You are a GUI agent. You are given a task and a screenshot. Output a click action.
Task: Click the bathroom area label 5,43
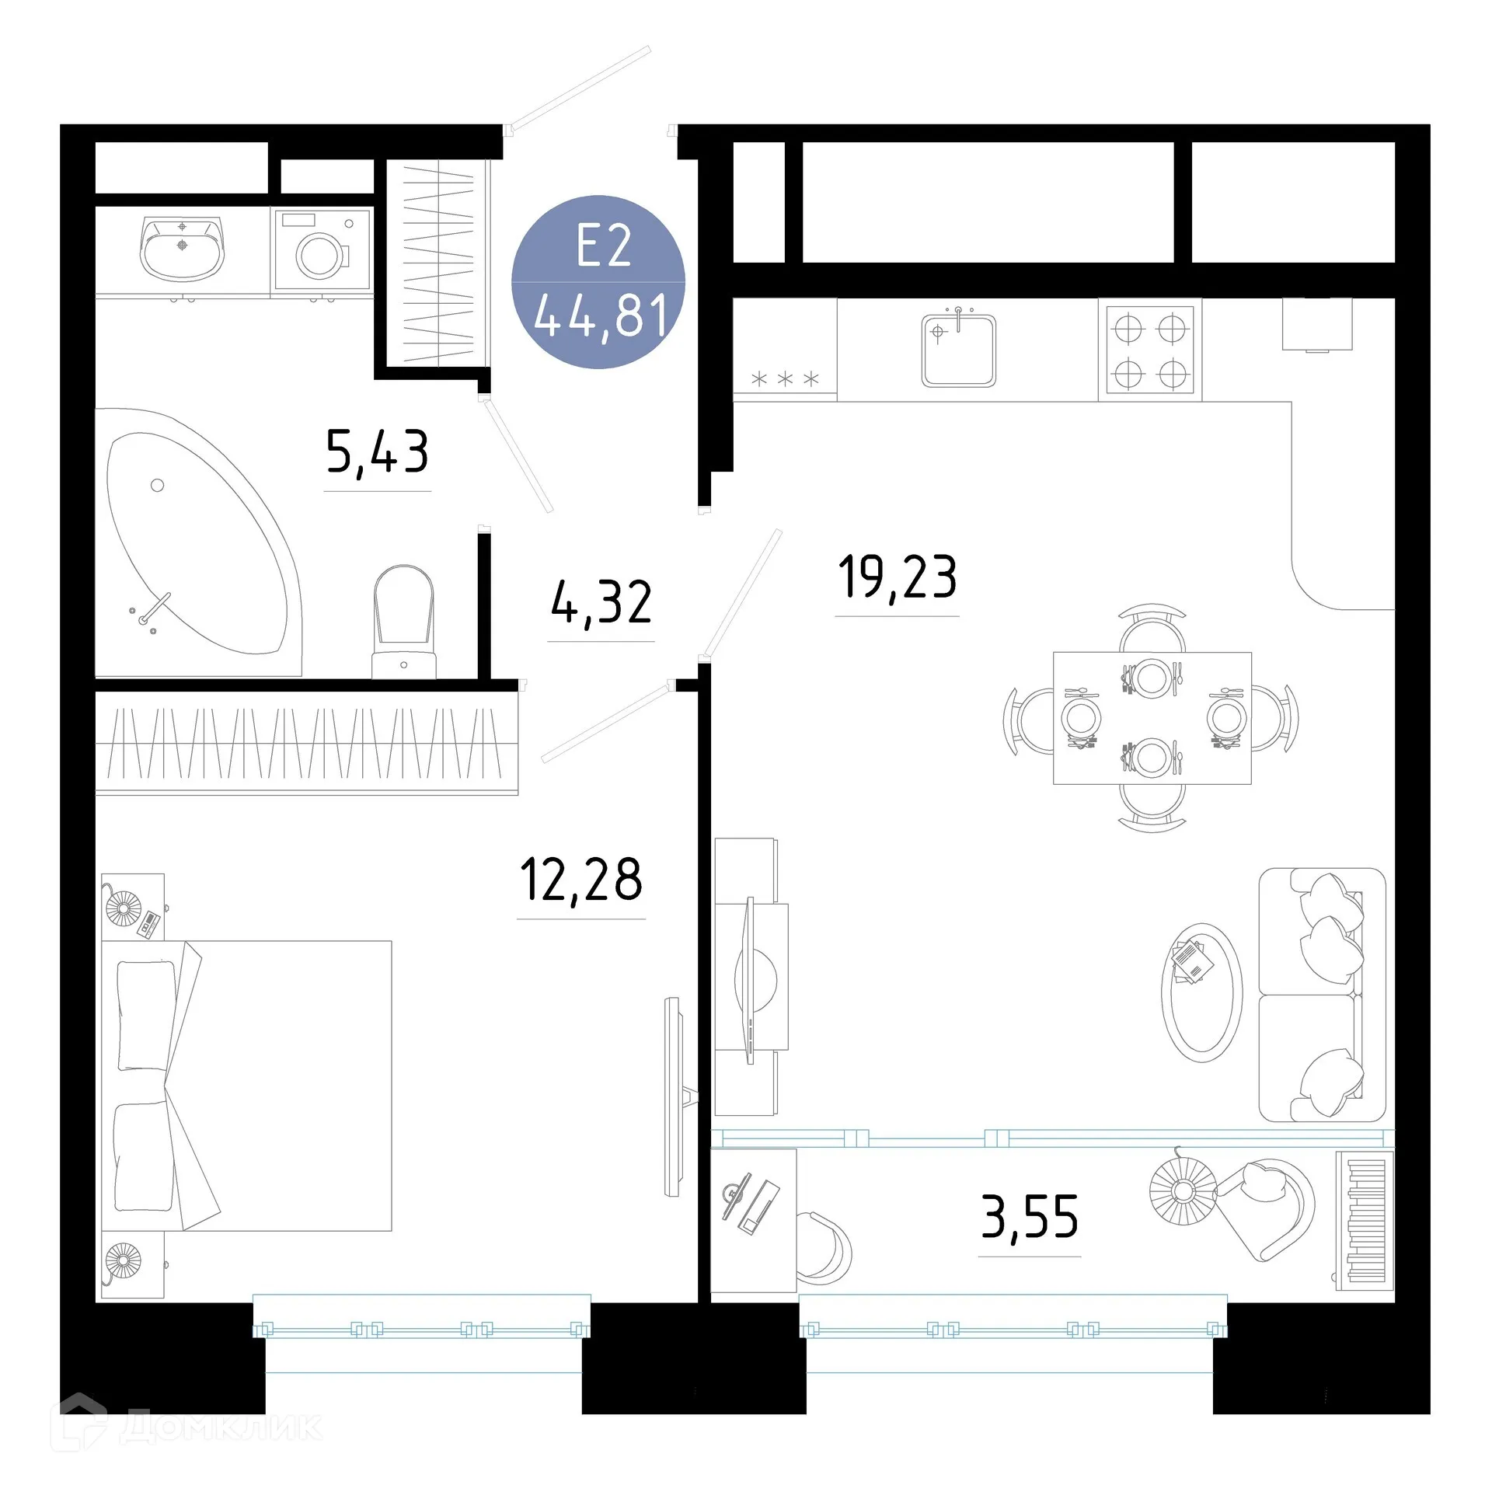click(377, 451)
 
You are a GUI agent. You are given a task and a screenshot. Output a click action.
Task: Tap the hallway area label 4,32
click(601, 602)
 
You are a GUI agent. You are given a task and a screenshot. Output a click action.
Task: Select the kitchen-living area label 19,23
click(897, 577)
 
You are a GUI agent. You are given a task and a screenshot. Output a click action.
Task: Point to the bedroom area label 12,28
click(581, 880)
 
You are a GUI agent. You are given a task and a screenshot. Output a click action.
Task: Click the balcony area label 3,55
click(1030, 1217)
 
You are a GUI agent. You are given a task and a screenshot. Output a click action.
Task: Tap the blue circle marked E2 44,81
click(598, 281)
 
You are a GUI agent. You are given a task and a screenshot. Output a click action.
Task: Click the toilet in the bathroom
click(403, 622)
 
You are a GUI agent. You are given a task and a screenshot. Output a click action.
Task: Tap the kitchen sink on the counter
click(958, 350)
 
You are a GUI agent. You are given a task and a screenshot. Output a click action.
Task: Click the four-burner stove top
click(1149, 350)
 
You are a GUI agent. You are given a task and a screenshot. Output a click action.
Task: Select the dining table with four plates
click(1152, 718)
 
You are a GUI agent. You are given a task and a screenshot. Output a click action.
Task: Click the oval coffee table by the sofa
click(1201, 992)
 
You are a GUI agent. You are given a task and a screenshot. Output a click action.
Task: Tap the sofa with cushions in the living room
click(1321, 995)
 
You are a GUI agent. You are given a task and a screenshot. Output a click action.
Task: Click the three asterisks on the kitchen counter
click(785, 379)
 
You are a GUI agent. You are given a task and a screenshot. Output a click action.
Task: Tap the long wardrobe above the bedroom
click(306, 744)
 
